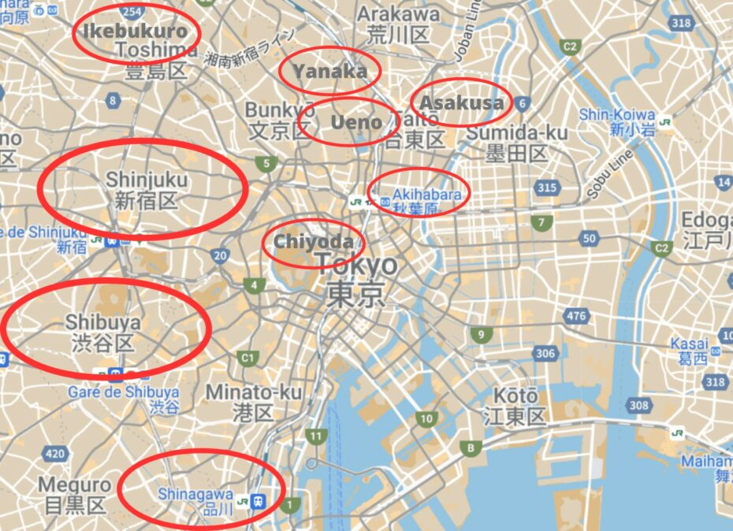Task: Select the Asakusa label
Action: point(461,102)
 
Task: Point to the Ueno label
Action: point(356,122)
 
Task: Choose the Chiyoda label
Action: point(313,241)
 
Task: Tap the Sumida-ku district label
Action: point(517,132)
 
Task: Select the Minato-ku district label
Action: point(254,392)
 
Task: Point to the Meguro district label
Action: point(74,484)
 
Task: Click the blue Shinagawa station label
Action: point(195,494)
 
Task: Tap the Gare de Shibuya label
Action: point(123,392)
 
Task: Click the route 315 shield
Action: point(545,188)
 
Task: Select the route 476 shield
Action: point(576,316)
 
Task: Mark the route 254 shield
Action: point(132,10)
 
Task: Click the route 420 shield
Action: point(55,453)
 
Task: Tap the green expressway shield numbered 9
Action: point(480,336)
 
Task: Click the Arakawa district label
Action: point(398,14)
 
